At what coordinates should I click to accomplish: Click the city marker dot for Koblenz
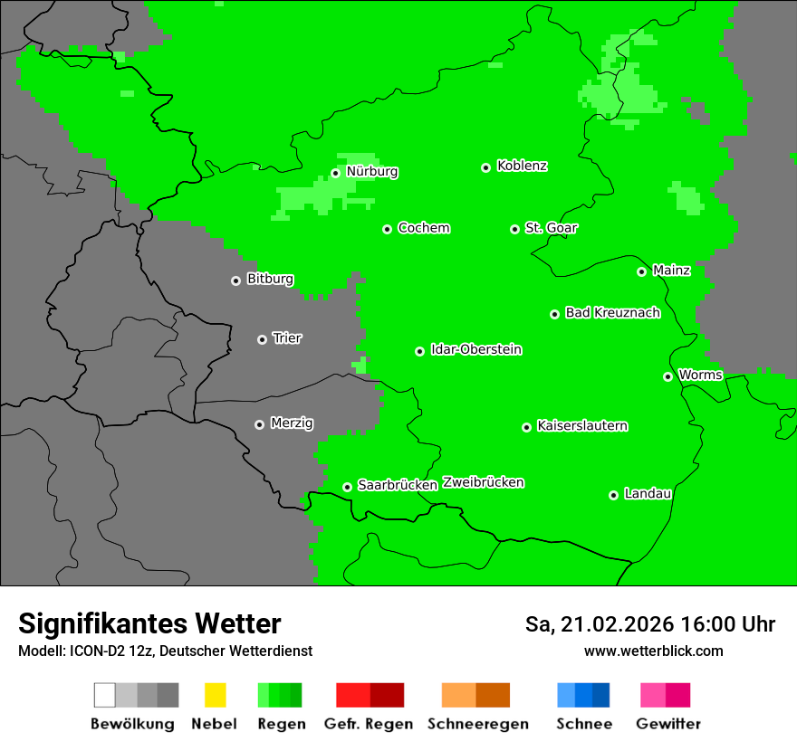coord(486,167)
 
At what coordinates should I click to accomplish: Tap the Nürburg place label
coord(371,171)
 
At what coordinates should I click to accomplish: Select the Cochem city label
coord(424,228)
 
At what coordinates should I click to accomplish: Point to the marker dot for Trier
coord(263,339)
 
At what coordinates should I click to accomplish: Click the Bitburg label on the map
coord(270,279)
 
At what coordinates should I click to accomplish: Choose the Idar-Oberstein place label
coord(476,349)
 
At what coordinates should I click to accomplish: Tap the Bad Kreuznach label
coord(612,312)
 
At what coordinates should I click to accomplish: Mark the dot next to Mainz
coord(642,271)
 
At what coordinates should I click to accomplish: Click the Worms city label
coord(700,375)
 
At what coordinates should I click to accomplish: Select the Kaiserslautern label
coord(582,425)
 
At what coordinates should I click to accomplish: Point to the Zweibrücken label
coord(483,482)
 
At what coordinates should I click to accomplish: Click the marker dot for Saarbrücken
coord(347,487)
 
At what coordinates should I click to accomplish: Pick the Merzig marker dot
coord(260,424)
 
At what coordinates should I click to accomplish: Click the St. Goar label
coord(551,228)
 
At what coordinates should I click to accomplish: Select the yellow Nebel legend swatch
coord(215,695)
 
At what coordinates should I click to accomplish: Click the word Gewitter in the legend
coord(668,724)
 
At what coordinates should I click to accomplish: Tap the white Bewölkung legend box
coord(105,695)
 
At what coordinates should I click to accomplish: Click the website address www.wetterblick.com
coord(653,651)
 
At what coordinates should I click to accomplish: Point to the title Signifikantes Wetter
coord(149,623)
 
